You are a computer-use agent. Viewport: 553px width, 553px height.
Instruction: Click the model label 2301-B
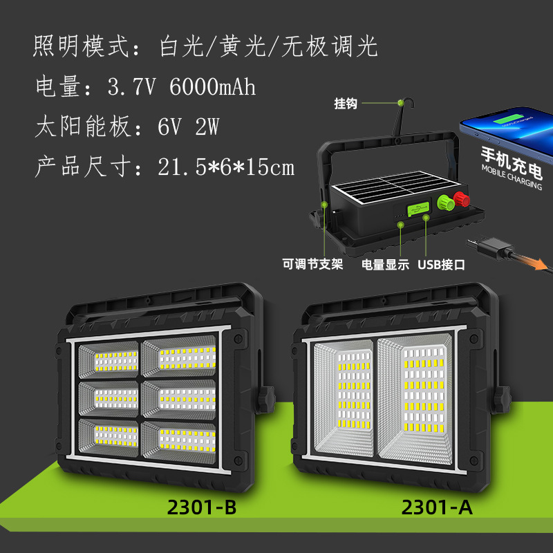coord(202,508)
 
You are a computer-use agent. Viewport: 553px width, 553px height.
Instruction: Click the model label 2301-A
coord(436,508)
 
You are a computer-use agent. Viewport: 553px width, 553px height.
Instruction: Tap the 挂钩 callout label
coord(346,104)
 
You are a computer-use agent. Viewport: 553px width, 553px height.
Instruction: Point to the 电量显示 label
coord(386,264)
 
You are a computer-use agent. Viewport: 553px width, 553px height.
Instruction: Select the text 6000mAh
coord(212,88)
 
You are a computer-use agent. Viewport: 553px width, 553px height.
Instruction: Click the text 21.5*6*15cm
coord(226,167)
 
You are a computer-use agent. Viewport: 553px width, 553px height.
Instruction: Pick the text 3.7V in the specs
coord(134,88)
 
